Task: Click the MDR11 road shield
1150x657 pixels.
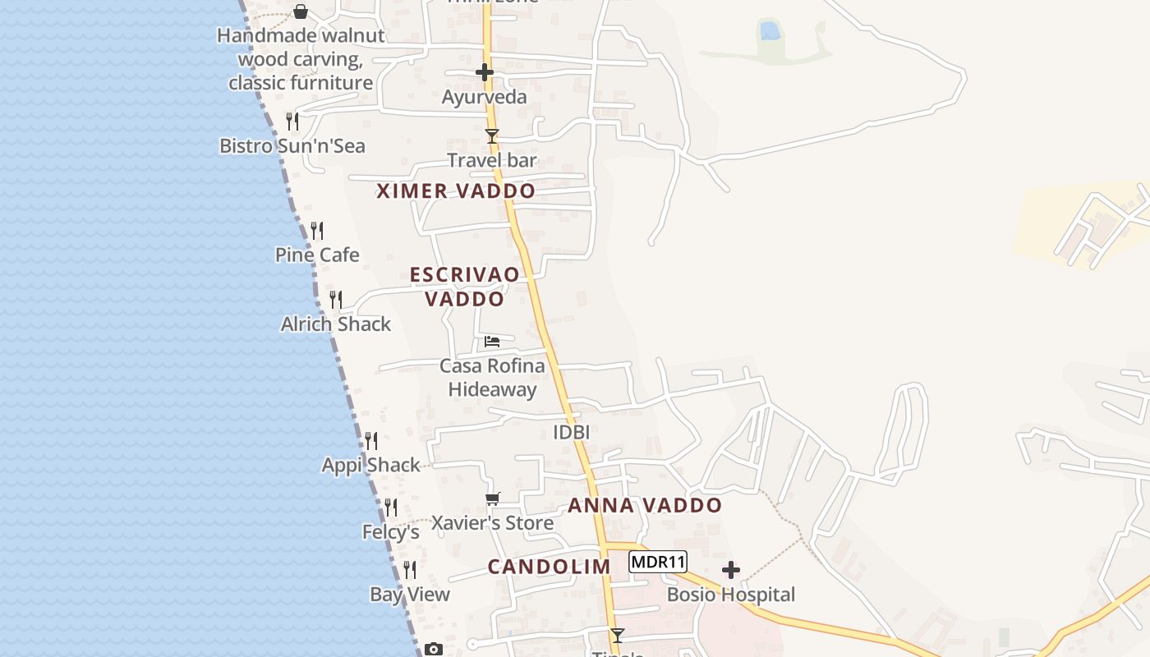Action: point(658,563)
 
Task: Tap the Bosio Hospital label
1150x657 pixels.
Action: point(730,595)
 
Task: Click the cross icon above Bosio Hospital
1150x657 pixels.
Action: point(730,570)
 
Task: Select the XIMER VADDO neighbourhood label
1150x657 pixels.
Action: point(456,191)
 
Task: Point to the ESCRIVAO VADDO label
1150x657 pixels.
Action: point(465,286)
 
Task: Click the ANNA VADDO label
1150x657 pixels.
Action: point(645,505)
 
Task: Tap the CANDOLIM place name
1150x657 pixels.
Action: point(549,567)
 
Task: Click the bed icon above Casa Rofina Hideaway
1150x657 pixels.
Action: point(492,341)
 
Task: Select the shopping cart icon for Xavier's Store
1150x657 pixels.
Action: point(493,499)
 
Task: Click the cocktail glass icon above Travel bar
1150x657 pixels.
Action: point(492,136)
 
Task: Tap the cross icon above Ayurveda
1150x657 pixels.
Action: point(485,72)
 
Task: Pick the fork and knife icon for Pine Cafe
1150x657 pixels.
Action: point(317,231)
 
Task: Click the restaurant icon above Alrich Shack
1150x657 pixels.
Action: point(335,299)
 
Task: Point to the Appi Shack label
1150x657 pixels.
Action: point(370,466)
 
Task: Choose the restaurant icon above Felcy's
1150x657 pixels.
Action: point(391,508)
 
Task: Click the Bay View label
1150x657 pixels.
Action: point(410,595)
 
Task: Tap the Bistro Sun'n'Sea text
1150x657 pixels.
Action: point(292,146)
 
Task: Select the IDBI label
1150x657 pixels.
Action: point(572,432)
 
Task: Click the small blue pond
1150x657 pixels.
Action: point(770,31)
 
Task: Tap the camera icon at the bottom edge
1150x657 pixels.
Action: point(434,650)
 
